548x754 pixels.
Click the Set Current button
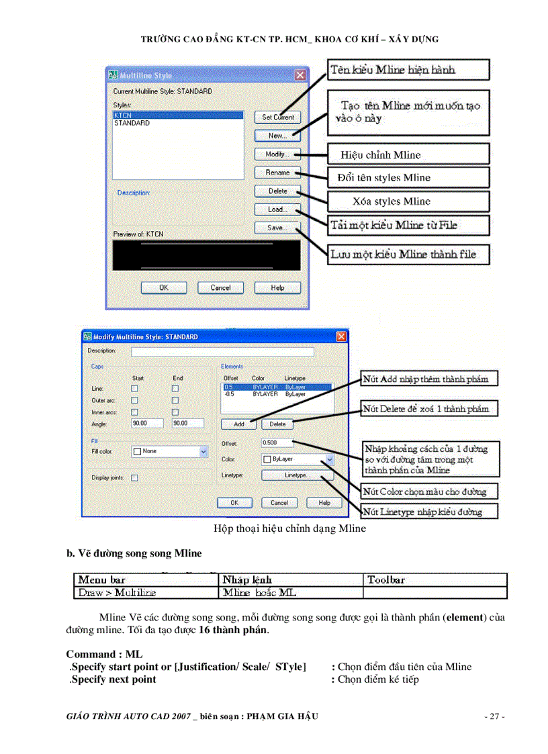click(x=277, y=117)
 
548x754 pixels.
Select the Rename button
click(x=277, y=173)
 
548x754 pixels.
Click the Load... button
click(x=277, y=209)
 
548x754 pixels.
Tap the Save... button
click(x=277, y=228)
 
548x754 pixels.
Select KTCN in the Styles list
click(x=177, y=115)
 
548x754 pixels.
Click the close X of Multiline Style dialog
click(x=300, y=75)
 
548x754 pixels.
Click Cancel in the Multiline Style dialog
click(x=220, y=287)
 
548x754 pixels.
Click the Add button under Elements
click(x=238, y=424)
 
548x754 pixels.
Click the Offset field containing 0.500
click(x=278, y=443)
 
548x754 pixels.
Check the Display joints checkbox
click(x=135, y=478)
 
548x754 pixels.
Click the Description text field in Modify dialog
click(x=222, y=351)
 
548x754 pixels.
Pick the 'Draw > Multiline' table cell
click(x=146, y=593)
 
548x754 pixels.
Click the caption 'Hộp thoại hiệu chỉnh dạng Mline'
click(x=289, y=528)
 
